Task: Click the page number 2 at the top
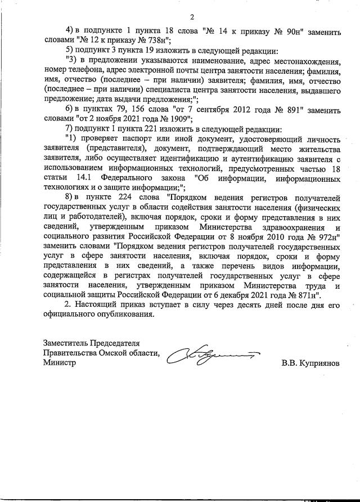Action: click(192, 17)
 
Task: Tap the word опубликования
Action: click(125, 316)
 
